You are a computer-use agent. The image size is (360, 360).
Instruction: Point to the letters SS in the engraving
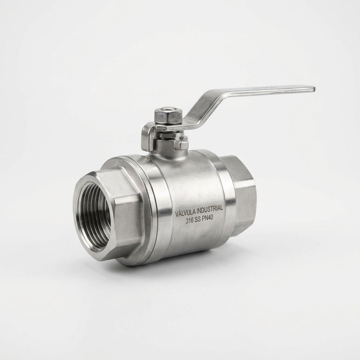tap(198, 220)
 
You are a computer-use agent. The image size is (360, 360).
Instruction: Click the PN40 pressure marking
tap(208, 218)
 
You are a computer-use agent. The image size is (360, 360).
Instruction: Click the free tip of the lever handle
tap(314, 89)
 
